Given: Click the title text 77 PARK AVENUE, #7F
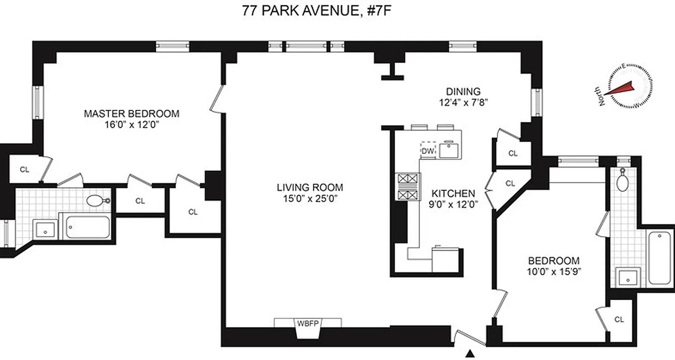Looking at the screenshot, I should pos(315,10).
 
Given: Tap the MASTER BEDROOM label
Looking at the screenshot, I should pos(131,113).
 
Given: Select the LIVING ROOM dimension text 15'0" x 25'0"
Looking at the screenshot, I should pos(310,198).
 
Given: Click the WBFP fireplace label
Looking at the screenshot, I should pos(307,323).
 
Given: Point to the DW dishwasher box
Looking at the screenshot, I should pos(427,151).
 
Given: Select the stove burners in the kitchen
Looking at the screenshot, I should pos(407,187).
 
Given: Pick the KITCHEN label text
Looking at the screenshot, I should pos(453,193).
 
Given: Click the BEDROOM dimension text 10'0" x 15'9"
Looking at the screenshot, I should pos(553,271).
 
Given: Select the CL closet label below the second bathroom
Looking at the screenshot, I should pos(619,319).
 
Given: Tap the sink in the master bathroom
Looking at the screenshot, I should pos(45,230).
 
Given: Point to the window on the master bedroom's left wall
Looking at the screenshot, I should pos(36,102).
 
